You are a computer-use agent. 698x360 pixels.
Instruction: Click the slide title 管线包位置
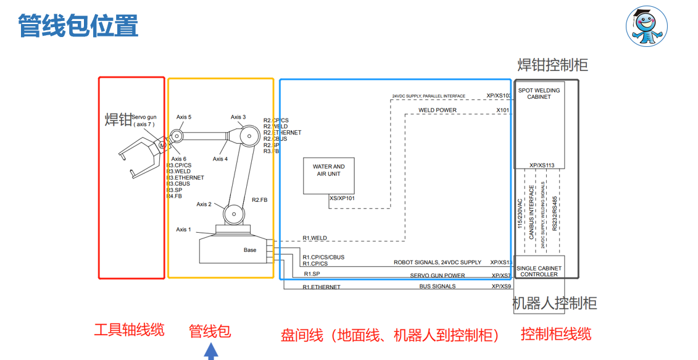tap(78, 27)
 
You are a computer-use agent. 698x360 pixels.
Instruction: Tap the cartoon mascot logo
tap(647, 28)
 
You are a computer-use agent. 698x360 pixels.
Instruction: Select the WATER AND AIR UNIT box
tap(328, 175)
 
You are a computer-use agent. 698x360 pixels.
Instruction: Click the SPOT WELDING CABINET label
tap(539, 93)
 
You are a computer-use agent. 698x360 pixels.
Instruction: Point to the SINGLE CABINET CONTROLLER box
tap(539, 271)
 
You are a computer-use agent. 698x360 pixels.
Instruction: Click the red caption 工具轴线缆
tap(129, 330)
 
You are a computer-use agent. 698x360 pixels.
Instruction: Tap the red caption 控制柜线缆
tap(556, 334)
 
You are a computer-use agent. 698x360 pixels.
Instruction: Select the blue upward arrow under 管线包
tap(211, 351)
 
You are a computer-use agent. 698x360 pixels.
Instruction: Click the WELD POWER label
tap(438, 111)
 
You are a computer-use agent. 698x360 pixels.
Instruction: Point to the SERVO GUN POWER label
tap(438, 275)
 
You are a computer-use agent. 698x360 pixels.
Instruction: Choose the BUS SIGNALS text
tap(438, 287)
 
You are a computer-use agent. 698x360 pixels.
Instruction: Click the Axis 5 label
tap(184, 117)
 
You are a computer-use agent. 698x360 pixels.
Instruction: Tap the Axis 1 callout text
tap(183, 230)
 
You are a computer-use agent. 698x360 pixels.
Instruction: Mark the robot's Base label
tap(249, 250)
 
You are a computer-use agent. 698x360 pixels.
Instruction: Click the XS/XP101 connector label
tap(343, 198)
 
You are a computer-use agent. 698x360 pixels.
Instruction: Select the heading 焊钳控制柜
tap(552, 65)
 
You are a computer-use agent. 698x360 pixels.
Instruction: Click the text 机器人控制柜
tap(555, 303)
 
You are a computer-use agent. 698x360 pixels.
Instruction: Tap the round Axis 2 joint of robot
tap(232, 214)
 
